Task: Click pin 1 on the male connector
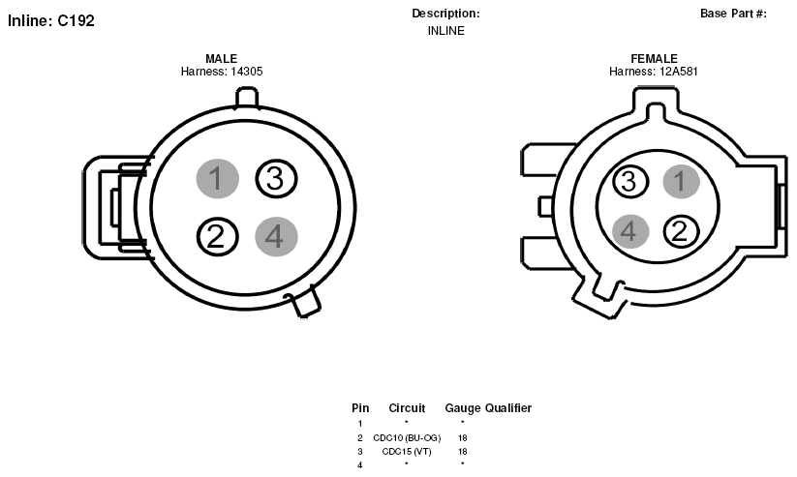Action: [218, 178]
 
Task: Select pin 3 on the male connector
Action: [275, 178]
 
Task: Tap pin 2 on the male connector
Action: [217, 237]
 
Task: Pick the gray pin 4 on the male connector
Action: [276, 237]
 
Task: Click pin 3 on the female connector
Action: [630, 181]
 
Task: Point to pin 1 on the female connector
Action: [681, 181]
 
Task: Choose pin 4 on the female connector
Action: [630, 231]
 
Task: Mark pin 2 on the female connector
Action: [681, 231]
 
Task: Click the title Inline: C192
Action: [51, 21]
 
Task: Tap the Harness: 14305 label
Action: [222, 72]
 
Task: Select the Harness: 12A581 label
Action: [654, 72]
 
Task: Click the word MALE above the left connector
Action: [221, 58]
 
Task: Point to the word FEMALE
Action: [655, 58]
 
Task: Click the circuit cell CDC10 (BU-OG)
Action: [407, 438]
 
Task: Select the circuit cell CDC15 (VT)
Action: [407, 452]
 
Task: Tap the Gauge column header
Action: [463, 408]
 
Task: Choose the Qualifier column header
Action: [508, 408]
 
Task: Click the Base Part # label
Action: [733, 14]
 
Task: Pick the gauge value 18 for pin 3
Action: [463, 452]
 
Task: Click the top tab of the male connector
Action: [246, 98]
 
